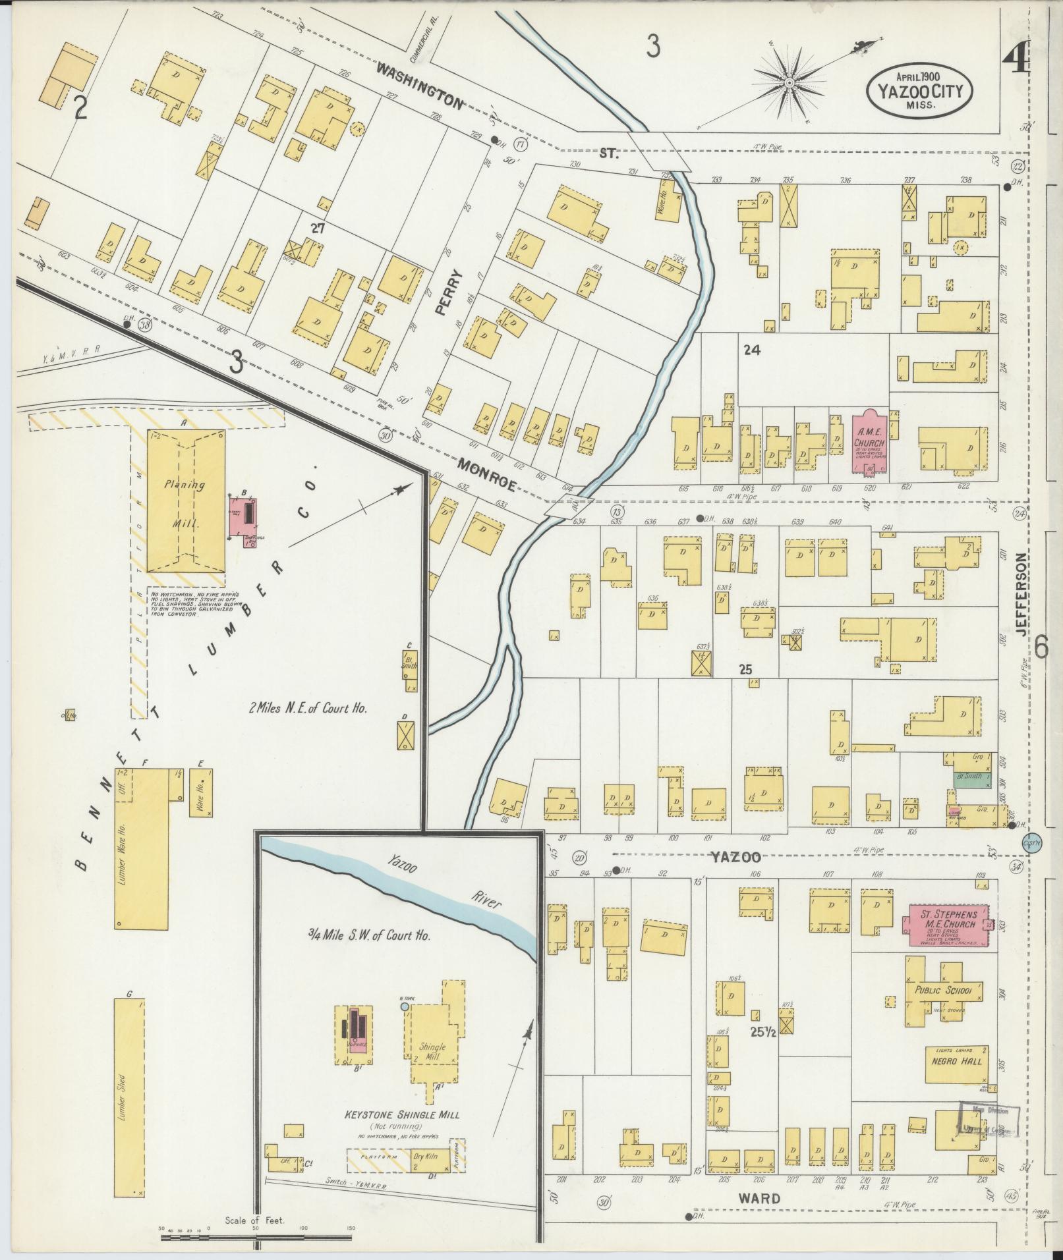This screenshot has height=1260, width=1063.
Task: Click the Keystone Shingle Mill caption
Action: click(402, 1115)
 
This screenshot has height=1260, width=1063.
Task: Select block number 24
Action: click(751, 350)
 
